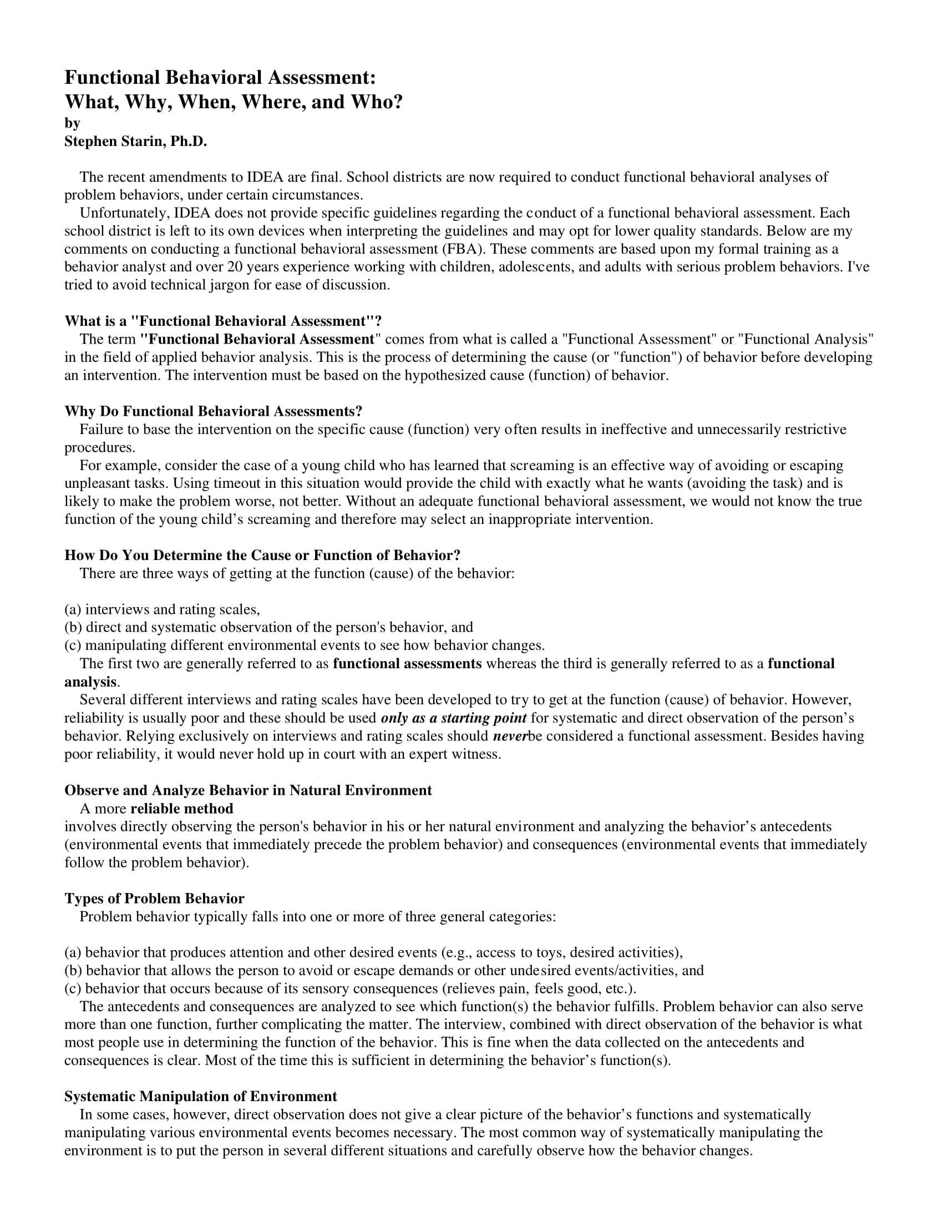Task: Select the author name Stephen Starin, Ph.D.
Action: click(x=136, y=142)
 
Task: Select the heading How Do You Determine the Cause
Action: click(x=262, y=555)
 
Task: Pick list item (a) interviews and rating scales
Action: click(x=162, y=609)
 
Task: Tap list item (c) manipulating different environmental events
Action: click(x=305, y=645)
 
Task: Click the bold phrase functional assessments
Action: click(x=407, y=664)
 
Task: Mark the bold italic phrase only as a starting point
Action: click(x=454, y=718)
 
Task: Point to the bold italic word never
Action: click(x=509, y=736)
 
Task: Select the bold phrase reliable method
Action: click(x=181, y=809)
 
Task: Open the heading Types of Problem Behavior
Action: click(x=154, y=899)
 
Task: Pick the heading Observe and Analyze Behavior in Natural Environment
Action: click(x=248, y=790)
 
